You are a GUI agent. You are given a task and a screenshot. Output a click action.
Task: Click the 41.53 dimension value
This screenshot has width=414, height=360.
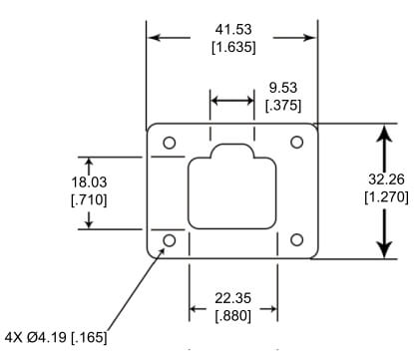(x=233, y=29)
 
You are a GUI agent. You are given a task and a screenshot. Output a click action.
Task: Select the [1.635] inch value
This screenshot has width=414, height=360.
(x=233, y=47)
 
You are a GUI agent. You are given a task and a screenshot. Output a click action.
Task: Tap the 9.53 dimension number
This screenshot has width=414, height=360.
(x=283, y=88)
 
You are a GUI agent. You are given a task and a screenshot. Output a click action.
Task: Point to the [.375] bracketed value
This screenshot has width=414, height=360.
(x=283, y=106)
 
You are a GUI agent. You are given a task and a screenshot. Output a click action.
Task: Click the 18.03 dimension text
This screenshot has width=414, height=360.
(x=89, y=182)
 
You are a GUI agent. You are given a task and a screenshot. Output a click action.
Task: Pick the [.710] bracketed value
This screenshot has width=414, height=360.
(x=89, y=199)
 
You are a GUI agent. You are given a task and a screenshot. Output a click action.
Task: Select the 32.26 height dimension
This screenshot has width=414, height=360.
(x=386, y=180)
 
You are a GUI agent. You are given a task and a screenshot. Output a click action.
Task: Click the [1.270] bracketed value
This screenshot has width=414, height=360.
(x=386, y=197)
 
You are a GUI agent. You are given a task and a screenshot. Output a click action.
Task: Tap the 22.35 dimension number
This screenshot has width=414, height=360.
(x=232, y=298)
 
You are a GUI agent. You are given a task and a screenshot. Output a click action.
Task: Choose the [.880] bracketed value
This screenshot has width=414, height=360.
(x=233, y=316)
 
